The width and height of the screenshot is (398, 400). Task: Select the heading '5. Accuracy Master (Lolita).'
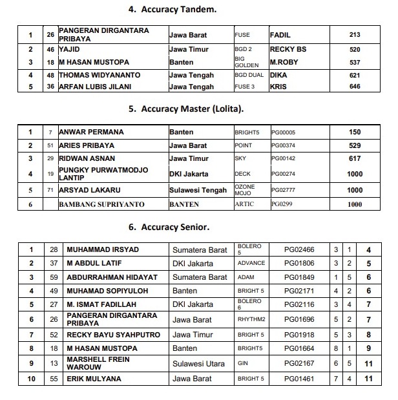tap(186, 109)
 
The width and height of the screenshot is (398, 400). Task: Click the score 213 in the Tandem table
tap(355, 35)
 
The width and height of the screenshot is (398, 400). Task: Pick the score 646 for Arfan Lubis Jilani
tap(355, 87)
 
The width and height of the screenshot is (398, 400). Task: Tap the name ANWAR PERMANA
tap(91, 132)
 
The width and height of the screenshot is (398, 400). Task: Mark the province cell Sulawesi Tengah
tap(198, 191)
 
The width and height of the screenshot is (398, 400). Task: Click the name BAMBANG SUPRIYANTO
tap(101, 204)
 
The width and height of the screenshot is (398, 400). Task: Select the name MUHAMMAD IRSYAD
tap(103, 249)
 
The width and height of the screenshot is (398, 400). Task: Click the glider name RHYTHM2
tap(251, 319)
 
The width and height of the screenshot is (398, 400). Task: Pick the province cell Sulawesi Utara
tap(199, 364)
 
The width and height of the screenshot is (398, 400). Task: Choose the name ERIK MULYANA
tap(95, 378)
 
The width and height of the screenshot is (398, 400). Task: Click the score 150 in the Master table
tap(355, 132)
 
